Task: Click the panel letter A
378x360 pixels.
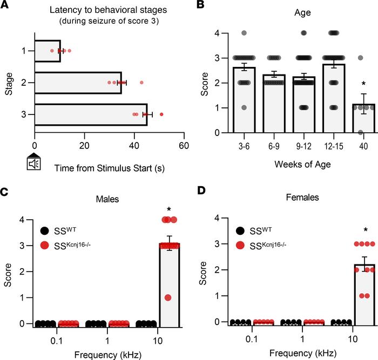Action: point(6,6)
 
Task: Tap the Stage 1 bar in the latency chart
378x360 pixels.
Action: point(48,51)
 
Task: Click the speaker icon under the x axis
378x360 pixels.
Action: point(35,164)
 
